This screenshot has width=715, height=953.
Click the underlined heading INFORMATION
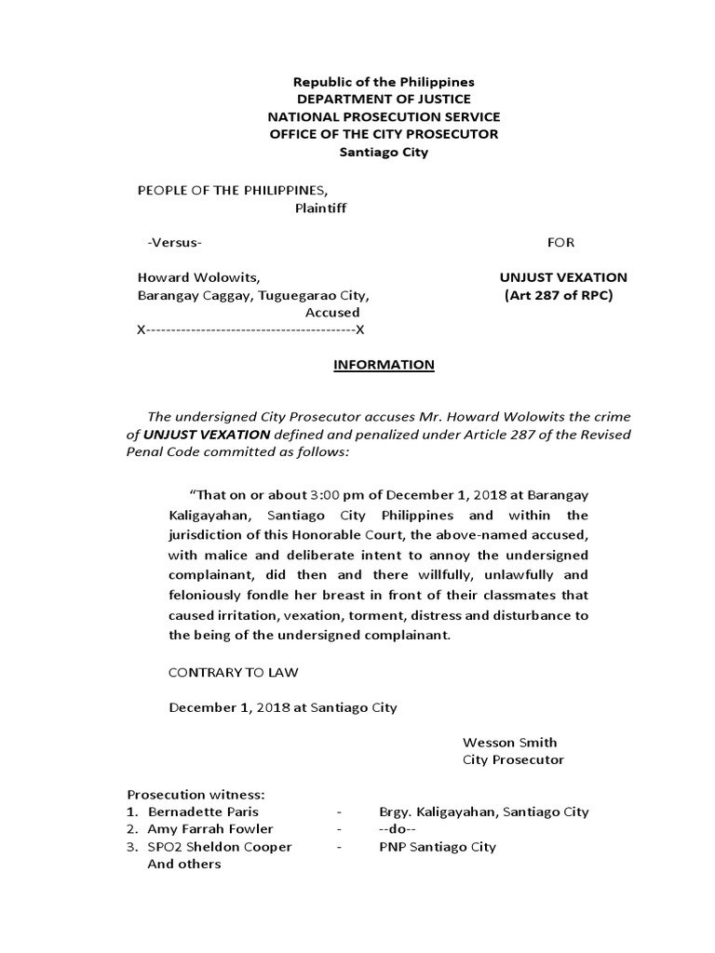[x=384, y=365]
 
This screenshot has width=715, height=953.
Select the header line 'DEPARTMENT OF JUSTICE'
[x=384, y=100]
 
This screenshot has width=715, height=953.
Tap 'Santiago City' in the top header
[x=384, y=153]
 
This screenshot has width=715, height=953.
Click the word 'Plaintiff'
[x=320, y=208]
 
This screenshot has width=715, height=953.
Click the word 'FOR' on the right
[x=560, y=243]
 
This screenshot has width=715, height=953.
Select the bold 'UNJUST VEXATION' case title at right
[x=563, y=277]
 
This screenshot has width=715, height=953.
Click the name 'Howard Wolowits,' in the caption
[x=198, y=277]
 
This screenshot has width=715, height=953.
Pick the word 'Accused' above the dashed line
[x=332, y=313]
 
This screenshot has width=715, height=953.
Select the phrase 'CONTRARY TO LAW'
[x=234, y=672]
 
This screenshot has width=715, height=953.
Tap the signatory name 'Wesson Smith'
[x=510, y=743]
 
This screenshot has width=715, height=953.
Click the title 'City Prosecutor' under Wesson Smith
[x=514, y=760]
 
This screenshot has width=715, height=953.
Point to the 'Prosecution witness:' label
[x=196, y=795]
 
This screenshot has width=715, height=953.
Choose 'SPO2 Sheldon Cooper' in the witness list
[x=220, y=847]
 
